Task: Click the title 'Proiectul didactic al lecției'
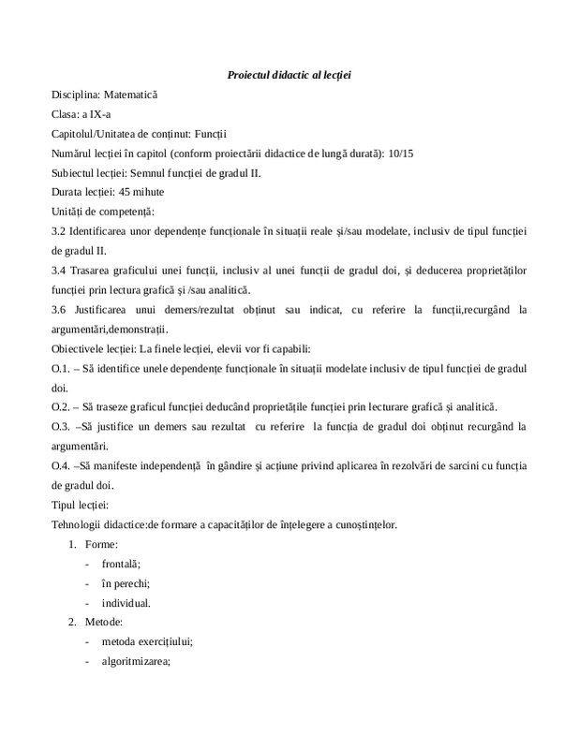289,74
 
